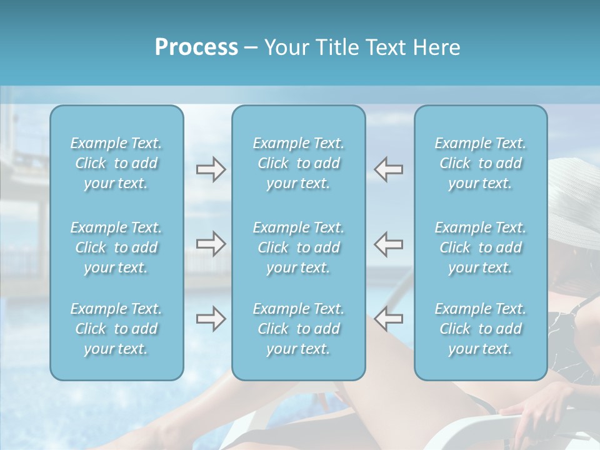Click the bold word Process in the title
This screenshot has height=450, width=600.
196,47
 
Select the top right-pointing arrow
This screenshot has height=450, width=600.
211,169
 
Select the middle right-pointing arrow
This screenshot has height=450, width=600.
211,244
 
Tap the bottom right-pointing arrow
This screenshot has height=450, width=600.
211,319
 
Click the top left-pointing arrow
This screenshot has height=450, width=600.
389,169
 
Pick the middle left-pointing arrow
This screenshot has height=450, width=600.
389,244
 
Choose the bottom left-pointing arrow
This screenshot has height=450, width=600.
389,319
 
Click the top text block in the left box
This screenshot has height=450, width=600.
116,163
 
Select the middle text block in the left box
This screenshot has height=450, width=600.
116,247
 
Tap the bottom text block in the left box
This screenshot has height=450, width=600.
116,329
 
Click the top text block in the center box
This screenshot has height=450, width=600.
298,163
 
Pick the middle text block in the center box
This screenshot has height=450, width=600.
298,247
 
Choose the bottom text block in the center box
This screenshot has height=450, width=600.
298,329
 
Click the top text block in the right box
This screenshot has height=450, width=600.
481,163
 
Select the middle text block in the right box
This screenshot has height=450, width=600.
481,247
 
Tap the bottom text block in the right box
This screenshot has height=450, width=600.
481,329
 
